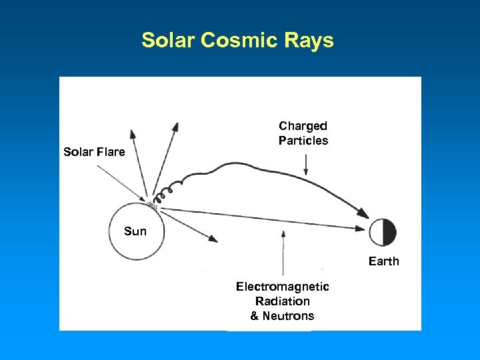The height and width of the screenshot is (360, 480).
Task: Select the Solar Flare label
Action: click(x=94, y=152)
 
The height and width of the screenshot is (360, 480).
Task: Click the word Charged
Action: click(x=303, y=126)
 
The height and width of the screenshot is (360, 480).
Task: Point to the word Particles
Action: click(x=303, y=141)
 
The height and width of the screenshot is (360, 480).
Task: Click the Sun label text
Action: click(x=135, y=231)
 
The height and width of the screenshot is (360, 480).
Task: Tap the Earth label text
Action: click(x=383, y=261)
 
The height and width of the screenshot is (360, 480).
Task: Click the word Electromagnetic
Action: click(x=282, y=287)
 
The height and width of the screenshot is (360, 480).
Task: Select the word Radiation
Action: click(x=282, y=301)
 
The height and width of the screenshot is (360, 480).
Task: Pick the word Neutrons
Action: click(x=288, y=316)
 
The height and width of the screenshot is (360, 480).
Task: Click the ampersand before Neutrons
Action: click(x=255, y=316)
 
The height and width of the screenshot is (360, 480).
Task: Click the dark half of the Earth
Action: click(x=389, y=233)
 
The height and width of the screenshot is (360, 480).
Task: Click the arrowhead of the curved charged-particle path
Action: click(x=363, y=214)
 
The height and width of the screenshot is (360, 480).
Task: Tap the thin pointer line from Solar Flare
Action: click(x=120, y=181)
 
